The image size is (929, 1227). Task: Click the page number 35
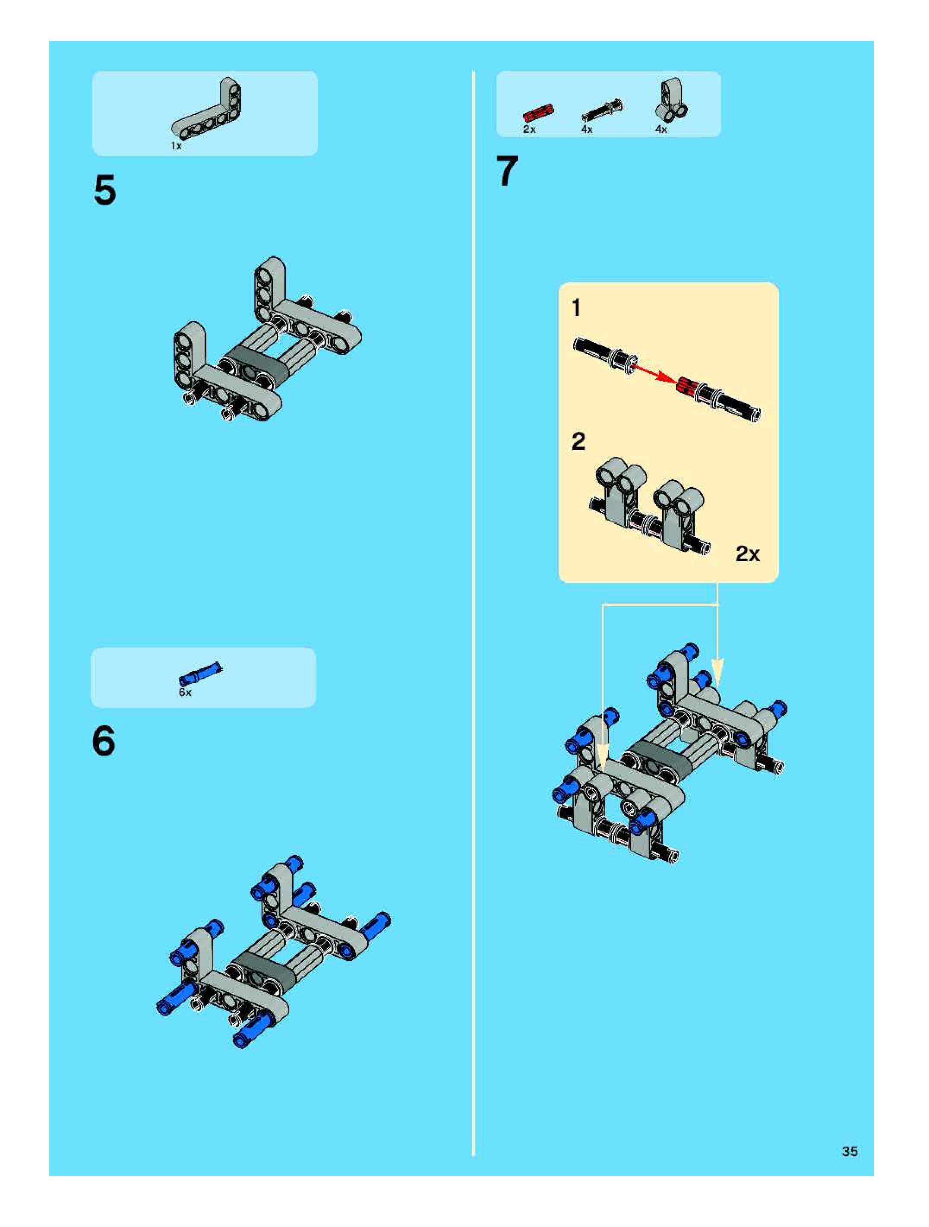[850, 1151]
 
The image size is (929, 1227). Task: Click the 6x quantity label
[185, 693]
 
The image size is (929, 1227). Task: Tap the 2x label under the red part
[530, 129]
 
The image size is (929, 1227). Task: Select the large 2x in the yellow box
[748, 553]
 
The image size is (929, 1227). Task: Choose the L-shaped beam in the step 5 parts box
[206, 109]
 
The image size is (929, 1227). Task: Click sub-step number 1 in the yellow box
[576, 307]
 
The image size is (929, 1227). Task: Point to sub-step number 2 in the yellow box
[578, 442]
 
